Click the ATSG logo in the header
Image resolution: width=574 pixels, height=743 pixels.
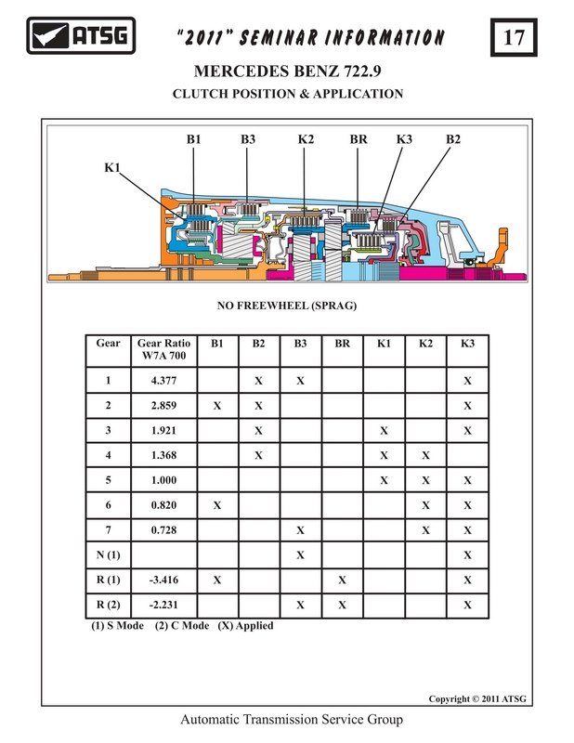[x=81, y=35]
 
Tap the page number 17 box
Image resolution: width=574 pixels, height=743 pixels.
[x=514, y=37]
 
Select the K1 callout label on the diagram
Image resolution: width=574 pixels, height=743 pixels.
[x=112, y=167]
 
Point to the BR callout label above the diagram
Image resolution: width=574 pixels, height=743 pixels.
[x=359, y=139]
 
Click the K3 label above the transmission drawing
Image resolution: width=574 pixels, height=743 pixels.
[x=404, y=139]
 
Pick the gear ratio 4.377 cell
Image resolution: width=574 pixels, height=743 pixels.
[x=164, y=381]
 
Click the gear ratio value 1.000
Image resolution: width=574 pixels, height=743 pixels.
[x=164, y=480]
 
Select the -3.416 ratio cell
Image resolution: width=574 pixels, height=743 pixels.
[x=164, y=580]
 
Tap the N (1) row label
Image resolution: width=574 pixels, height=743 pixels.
[x=108, y=554]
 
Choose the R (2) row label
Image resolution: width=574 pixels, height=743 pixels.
[x=108, y=606]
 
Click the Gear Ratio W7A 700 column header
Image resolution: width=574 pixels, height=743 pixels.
[x=164, y=349]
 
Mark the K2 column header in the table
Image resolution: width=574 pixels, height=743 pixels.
[x=425, y=344]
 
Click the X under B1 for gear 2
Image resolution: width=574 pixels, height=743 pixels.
[x=217, y=406]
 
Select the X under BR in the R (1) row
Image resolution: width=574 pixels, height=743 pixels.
[x=342, y=580]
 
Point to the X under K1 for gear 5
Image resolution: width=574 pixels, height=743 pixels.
[x=384, y=481]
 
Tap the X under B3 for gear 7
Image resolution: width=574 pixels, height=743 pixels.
[x=301, y=530]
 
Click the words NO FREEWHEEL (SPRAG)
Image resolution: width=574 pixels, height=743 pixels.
[x=287, y=306]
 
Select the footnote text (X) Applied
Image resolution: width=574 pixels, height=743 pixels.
[x=245, y=625]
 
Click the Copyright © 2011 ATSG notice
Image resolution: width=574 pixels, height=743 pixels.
[x=477, y=699]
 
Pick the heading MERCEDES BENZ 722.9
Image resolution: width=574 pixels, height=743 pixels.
[x=287, y=72]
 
